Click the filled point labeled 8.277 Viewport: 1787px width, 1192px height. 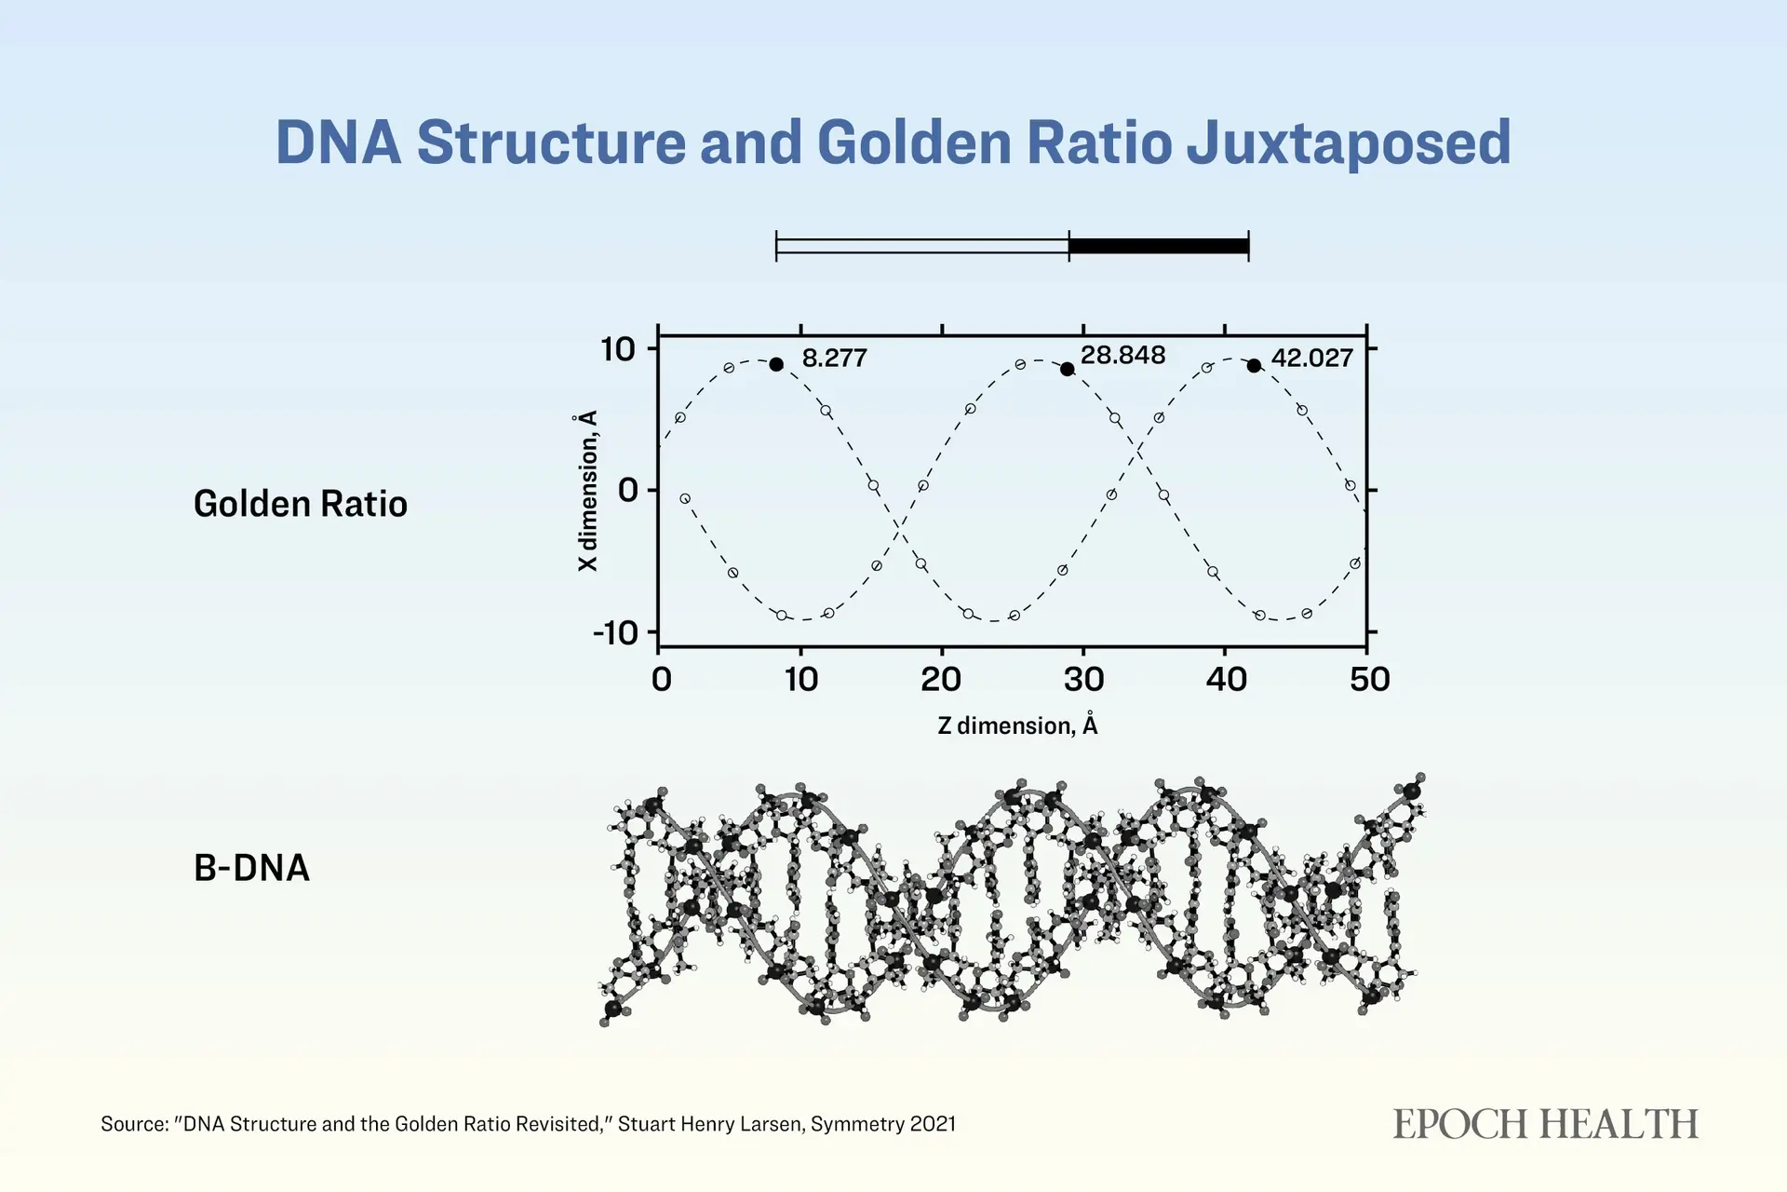[x=776, y=364]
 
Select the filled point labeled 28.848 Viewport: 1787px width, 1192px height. [x=1068, y=369]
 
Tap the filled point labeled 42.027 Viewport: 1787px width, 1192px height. [x=1255, y=366]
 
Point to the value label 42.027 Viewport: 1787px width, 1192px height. [x=1312, y=359]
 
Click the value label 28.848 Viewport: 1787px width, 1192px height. [x=1122, y=355]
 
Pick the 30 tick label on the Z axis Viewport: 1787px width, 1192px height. [x=1084, y=680]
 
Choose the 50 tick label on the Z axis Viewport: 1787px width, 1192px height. [x=1370, y=680]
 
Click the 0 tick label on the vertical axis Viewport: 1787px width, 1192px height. [x=628, y=490]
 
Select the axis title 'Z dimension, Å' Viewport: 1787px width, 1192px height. [x=1017, y=725]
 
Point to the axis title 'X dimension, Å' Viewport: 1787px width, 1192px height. [x=586, y=491]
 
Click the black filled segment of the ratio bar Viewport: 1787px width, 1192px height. [x=1159, y=246]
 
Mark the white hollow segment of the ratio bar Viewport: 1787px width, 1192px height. [x=922, y=246]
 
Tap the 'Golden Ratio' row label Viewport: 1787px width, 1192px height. [x=301, y=504]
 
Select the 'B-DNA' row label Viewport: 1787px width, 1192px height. [x=251, y=868]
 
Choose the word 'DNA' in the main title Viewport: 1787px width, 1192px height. [x=339, y=142]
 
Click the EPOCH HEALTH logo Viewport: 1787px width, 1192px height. [x=1546, y=1124]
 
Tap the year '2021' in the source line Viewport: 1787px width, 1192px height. [x=933, y=1124]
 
